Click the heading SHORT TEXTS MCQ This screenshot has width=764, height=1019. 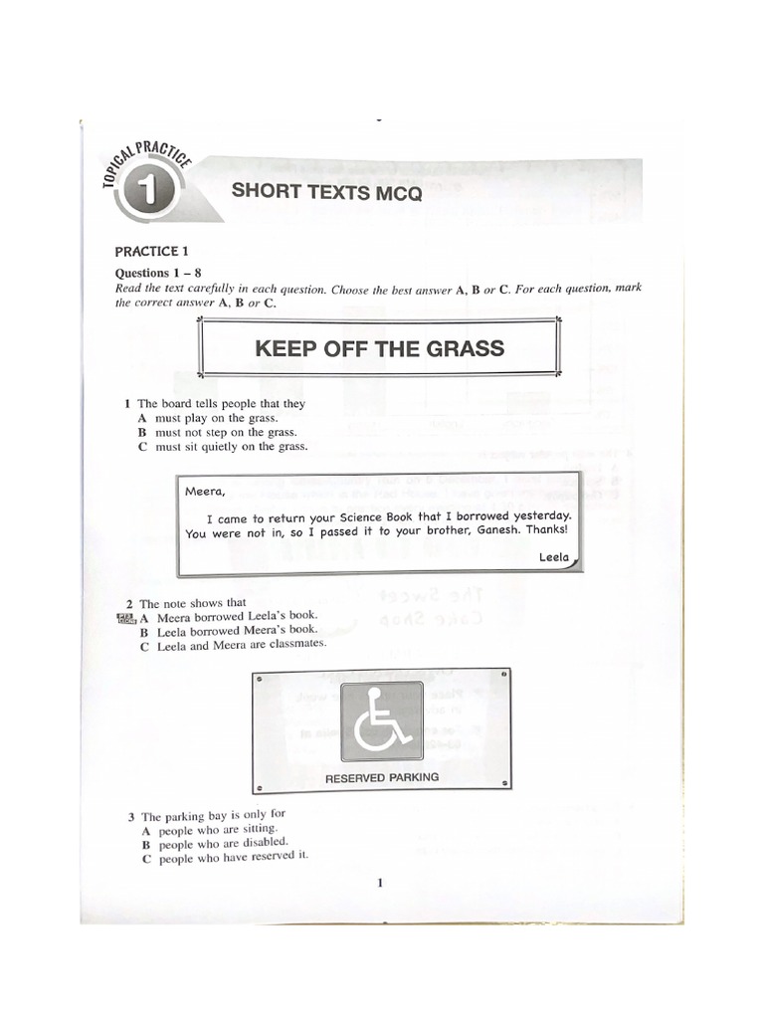click(x=326, y=193)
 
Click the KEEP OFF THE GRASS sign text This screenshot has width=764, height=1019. click(x=379, y=349)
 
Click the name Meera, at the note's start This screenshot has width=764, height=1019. click(x=205, y=491)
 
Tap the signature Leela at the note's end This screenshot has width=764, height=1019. click(x=553, y=557)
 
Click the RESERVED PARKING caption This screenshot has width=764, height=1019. click(x=381, y=777)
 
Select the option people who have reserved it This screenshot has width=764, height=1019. click(x=226, y=857)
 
